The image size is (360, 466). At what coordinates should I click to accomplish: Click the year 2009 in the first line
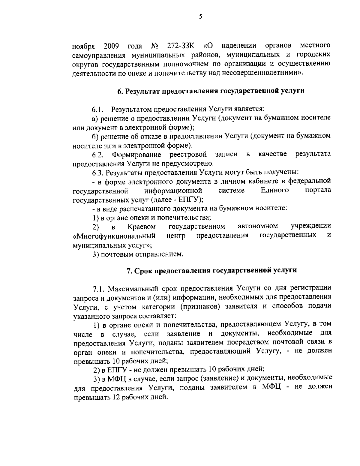(112, 47)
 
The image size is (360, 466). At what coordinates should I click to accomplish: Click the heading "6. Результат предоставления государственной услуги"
(211, 91)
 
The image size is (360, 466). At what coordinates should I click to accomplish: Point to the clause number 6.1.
(97, 109)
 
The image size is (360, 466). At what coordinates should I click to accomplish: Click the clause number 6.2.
(98, 155)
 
